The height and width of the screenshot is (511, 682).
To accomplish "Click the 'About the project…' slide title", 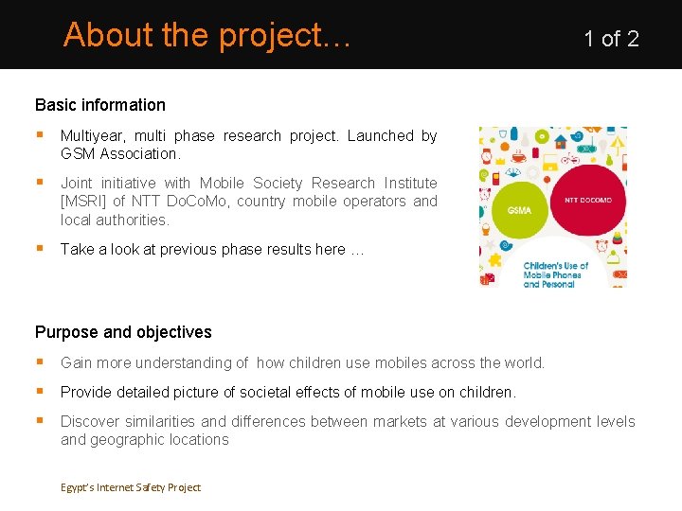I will (x=207, y=35).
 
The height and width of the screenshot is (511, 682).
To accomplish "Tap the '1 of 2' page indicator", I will (x=611, y=39).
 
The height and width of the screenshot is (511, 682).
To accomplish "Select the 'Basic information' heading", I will (x=100, y=105).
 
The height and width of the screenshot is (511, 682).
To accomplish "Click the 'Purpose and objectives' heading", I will (x=123, y=332).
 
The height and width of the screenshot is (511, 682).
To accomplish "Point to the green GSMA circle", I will (x=519, y=209).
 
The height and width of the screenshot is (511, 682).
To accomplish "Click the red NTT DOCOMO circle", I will (x=588, y=201).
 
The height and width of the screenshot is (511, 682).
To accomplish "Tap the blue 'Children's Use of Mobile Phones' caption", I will (x=556, y=274).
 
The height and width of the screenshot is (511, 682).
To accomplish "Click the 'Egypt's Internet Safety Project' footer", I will (x=131, y=487).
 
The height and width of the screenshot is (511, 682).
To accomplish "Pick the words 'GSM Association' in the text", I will (x=118, y=153).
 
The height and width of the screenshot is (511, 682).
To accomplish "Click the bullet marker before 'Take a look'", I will (x=40, y=249).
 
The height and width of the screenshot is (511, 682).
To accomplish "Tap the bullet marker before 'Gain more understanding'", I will (x=40, y=362).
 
